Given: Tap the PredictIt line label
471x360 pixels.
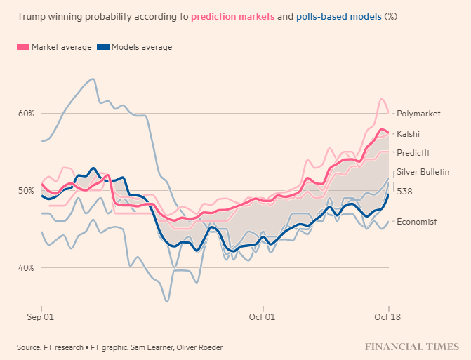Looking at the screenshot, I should pos(413,153).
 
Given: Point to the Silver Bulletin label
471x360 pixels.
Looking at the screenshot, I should pos(423,172).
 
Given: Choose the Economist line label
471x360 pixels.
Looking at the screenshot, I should pos(416,222).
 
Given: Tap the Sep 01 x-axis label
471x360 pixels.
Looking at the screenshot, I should pos(42,318).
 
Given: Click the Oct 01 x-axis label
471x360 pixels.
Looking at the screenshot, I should pos(263,318).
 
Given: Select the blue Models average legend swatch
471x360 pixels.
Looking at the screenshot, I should pos(103,47).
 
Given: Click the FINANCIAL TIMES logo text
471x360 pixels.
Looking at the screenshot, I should pos(411,347).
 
